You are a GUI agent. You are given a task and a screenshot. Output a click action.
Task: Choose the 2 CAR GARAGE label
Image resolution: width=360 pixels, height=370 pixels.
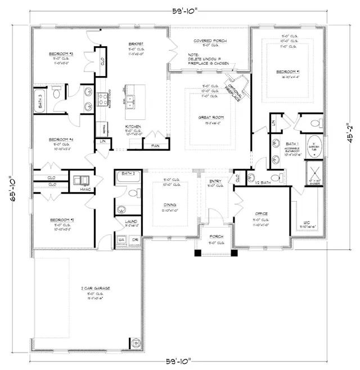coord(87,288)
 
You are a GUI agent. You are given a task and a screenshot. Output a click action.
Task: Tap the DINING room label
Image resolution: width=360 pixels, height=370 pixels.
coord(170,205)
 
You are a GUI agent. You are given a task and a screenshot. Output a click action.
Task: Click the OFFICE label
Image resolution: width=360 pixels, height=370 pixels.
coord(261,213)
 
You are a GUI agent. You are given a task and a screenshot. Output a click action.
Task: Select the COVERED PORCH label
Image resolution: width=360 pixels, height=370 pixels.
coord(209,41)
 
